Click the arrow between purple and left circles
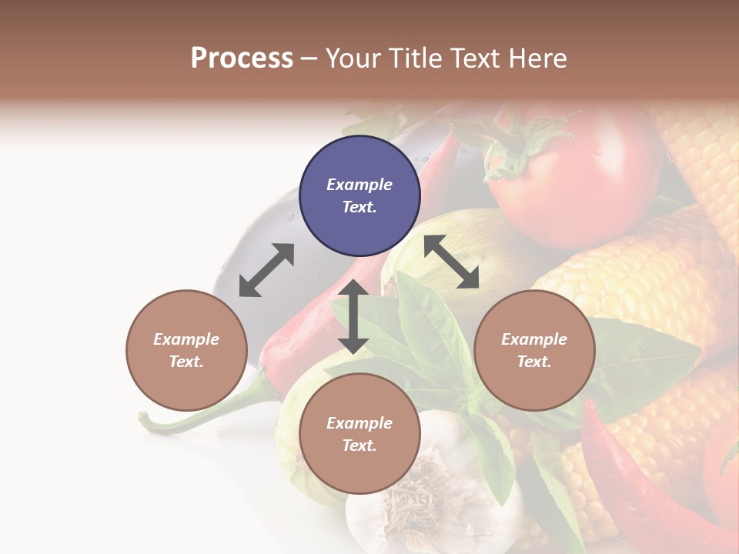coord(266,270)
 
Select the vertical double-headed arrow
coord(353,316)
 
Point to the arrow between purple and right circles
coord(451,262)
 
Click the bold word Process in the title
coord(242,58)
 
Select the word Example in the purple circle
coord(359,185)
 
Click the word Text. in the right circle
coord(534,362)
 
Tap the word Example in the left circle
coord(186,339)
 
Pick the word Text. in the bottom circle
coord(359,446)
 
